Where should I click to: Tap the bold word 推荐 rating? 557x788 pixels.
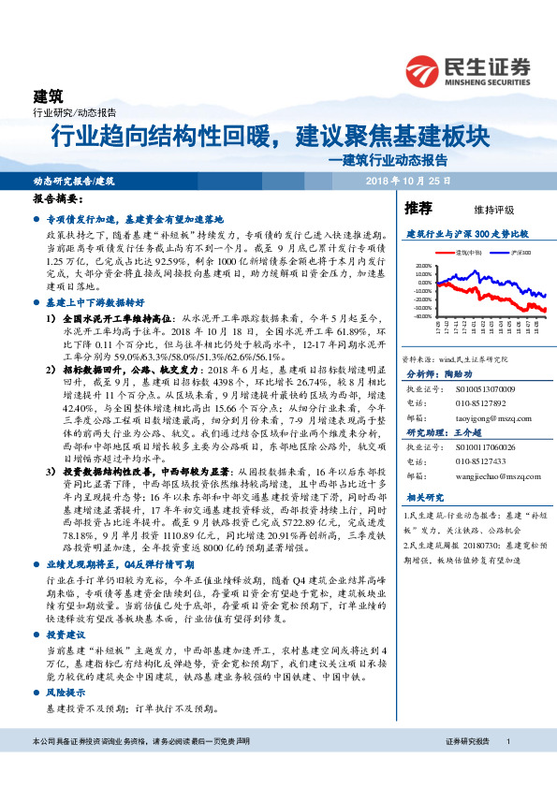pos(418,207)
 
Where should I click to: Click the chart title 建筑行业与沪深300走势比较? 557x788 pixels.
pos(467,232)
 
